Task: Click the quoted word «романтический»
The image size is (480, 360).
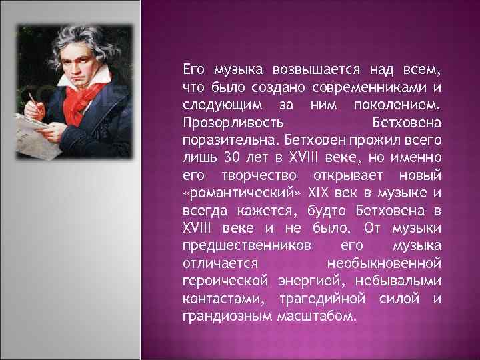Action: (x=242, y=192)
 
